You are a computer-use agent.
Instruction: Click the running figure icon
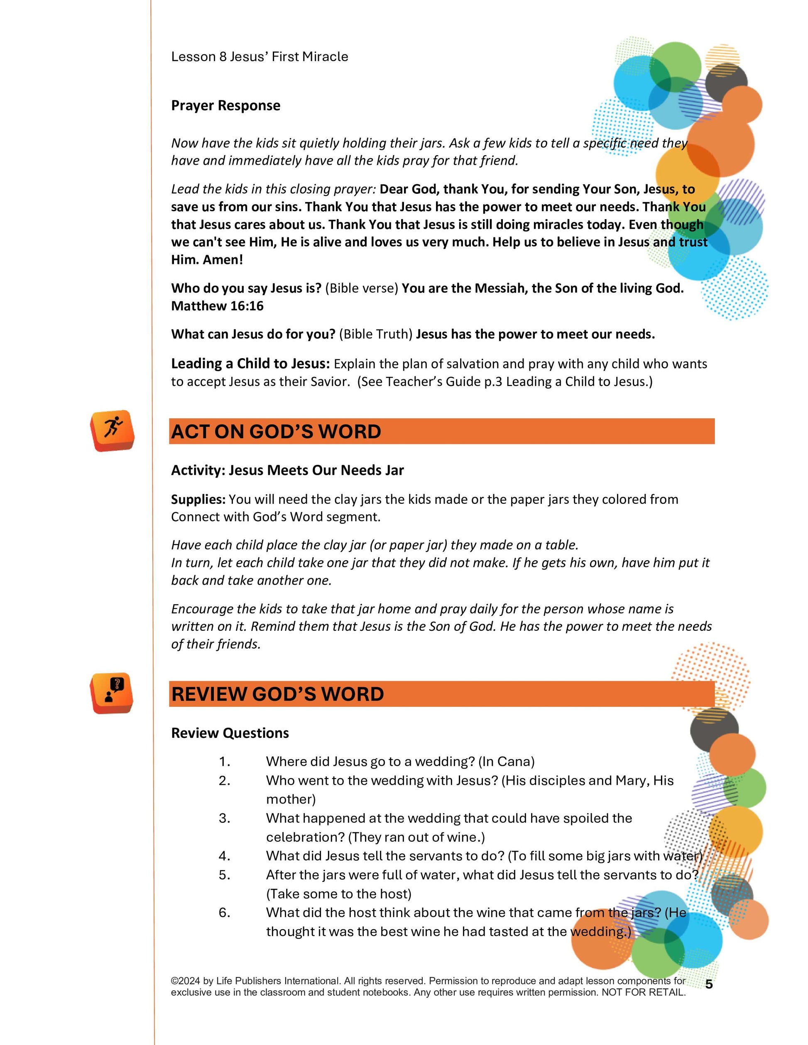(x=113, y=430)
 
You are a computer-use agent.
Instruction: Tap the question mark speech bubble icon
(x=112, y=692)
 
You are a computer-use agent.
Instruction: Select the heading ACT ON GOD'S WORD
(x=276, y=432)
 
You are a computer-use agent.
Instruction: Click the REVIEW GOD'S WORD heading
(x=278, y=694)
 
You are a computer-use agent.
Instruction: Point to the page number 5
(x=709, y=984)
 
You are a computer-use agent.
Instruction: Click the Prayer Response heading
(x=225, y=105)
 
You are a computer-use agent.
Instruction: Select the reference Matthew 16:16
(x=217, y=306)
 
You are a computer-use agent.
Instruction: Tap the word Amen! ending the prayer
(x=223, y=260)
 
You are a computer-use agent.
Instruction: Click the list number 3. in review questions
(x=225, y=818)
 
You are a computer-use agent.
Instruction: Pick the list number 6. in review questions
(x=225, y=913)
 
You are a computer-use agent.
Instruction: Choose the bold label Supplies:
(x=198, y=499)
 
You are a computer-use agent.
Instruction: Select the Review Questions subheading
(x=230, y=733)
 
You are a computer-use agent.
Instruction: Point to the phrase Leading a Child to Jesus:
(x=250, y=364)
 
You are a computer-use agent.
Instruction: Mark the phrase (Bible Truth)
(x=376, y=334)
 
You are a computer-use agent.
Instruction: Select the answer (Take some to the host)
(x=339, y=894)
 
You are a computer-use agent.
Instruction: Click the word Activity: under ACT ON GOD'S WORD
(x=198, y=470)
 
